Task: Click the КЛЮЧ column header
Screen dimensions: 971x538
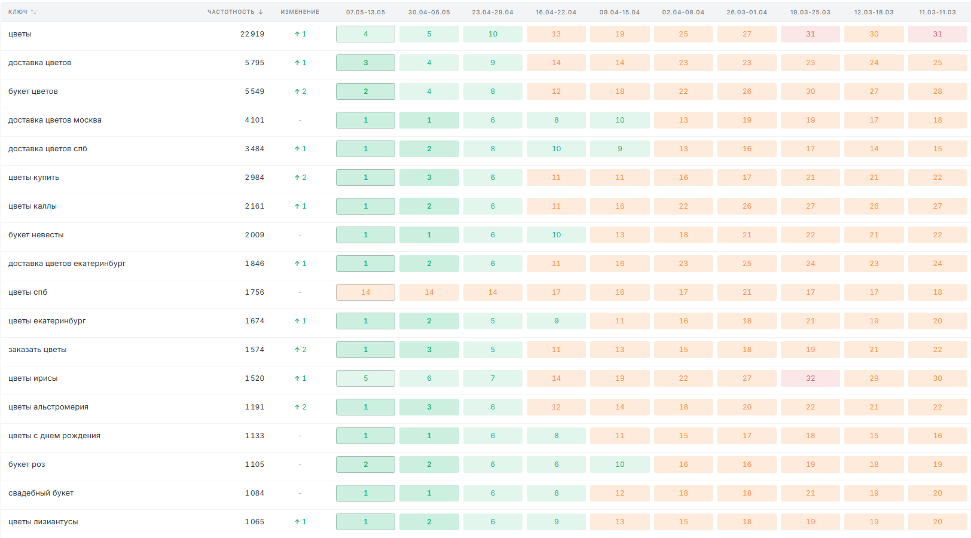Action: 18,12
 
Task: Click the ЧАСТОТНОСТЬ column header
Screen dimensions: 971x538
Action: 231,12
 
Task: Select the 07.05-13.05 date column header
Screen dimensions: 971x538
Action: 365,12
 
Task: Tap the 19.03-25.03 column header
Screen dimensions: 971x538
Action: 810,12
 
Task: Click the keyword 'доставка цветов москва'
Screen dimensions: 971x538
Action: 54,120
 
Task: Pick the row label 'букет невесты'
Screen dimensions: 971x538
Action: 35,235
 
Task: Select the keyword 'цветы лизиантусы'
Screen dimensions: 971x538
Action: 43,522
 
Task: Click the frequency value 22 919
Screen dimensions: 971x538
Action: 252,34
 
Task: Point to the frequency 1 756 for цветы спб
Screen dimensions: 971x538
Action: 255,292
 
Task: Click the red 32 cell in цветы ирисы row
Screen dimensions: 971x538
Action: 810,378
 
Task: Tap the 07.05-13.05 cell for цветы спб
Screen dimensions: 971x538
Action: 365,292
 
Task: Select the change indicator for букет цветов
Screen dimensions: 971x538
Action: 300,91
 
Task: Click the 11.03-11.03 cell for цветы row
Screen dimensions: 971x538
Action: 938,34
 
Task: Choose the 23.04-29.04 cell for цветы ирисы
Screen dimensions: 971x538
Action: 493,378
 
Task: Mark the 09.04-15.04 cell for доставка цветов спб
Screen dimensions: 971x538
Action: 619,149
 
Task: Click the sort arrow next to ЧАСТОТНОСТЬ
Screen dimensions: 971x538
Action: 261,12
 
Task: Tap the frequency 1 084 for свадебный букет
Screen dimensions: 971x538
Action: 255,493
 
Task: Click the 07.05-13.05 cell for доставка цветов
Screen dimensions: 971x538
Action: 365,63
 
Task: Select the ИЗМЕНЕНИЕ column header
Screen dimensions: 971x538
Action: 300,12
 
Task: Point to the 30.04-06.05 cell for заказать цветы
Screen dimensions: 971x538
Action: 429,350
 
